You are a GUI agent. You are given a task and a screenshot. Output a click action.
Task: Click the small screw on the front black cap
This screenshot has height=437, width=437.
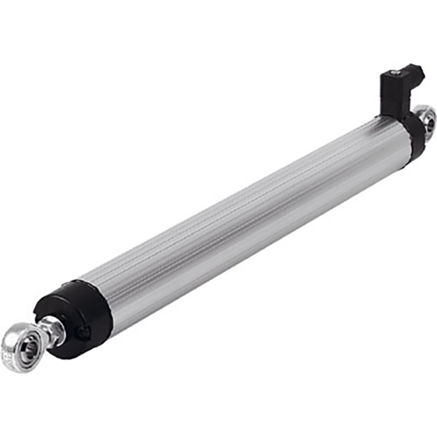(82, 333)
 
